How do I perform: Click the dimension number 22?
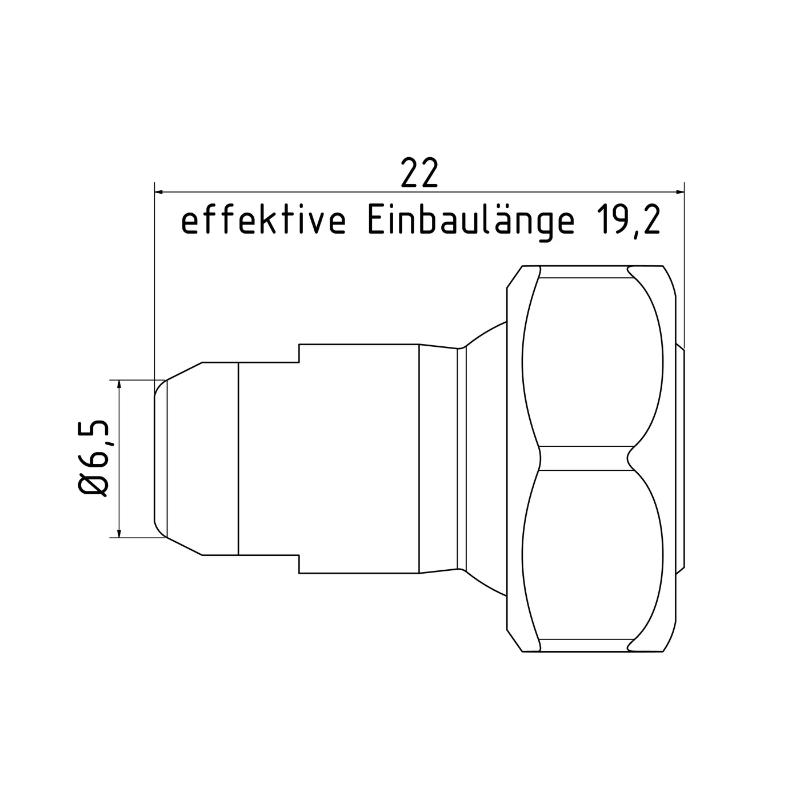coord(419,173)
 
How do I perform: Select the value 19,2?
coord(628,222)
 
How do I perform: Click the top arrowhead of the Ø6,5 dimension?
coord(119,385)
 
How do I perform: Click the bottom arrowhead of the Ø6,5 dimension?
coord(119,533)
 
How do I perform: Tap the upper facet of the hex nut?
coord(593,362)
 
